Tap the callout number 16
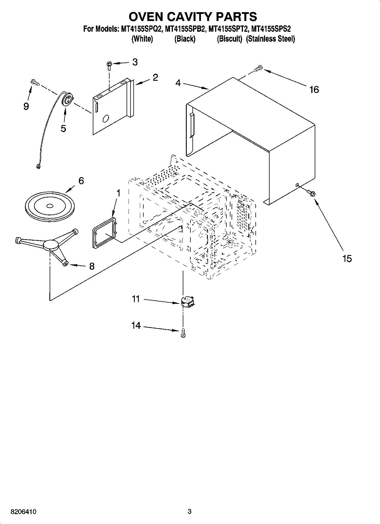(314, 90)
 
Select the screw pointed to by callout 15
(312, 193)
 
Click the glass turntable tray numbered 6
(50, 206)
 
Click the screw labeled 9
(35, 82)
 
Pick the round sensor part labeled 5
(67, 100)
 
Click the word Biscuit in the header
(229, 39)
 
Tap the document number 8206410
(23, 512)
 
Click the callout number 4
(178, 83)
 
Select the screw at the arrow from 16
(259, 68)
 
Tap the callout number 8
(92, 266)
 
